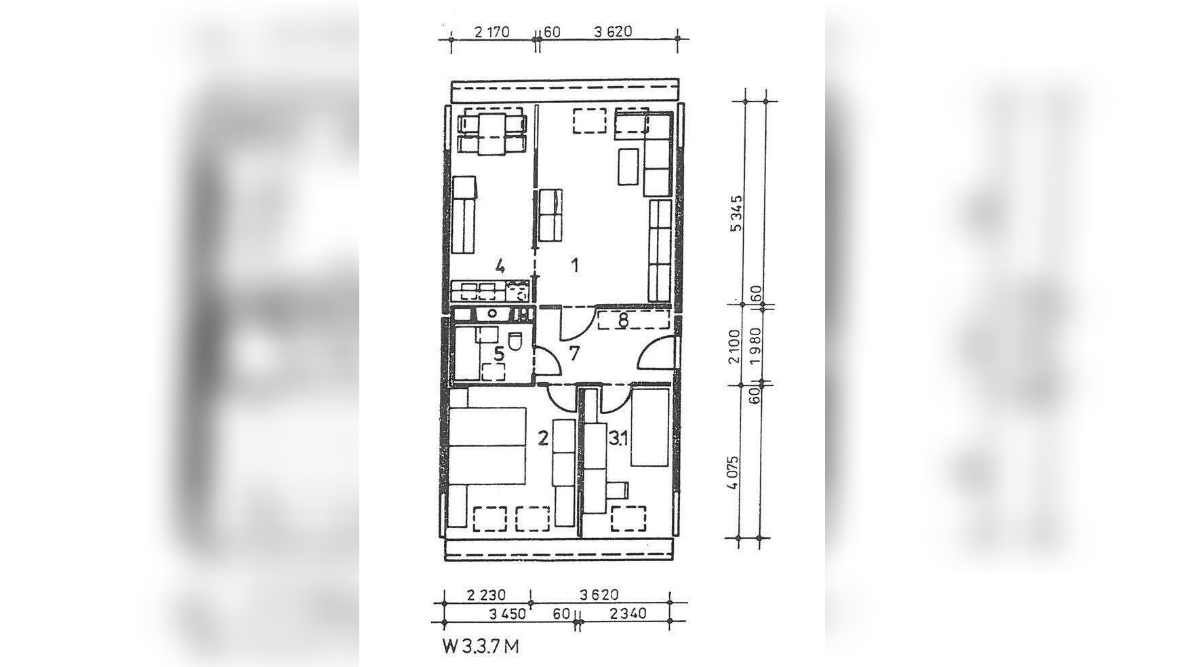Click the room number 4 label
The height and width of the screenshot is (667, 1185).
pyautogui.click(x=500, y=265)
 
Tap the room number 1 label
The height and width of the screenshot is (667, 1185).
pyautogui.click(x=575, y=265)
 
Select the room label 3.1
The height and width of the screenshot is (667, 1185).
pyautogui.click(x=618, y=438)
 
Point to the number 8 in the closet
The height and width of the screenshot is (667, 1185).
pyautogui.click(x=622, y=319)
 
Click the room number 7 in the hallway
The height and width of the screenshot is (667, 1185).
pyautogui.click(x=575, y=353)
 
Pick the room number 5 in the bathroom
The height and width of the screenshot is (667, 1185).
pyautogui.click(x=499, y=353)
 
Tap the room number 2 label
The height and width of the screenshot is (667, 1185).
pyautogui.click(x=543, y=438)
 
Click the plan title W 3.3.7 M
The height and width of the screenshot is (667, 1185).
pyautogui.click(x=482, y=646)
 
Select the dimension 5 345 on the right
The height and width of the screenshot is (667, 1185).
pyautogui.click(x=737, y=214)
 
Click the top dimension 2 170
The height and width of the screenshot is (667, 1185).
pyautogui.click(x=492, y=31)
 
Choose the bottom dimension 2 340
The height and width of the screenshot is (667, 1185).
pyautogui.click(x=628, y=613)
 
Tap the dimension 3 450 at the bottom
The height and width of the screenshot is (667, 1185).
pyautogui.click(x=507, y=613)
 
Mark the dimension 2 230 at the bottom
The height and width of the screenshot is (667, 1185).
pyautogui.click(x=487, y=595)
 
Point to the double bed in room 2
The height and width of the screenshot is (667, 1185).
pyautogui.click(x=487, y=446)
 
